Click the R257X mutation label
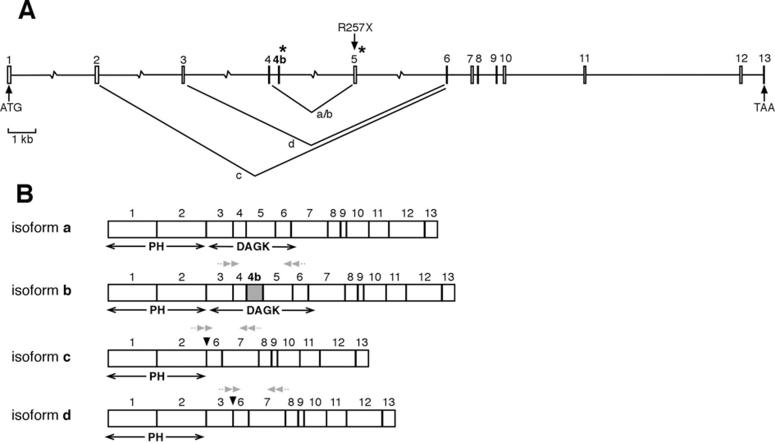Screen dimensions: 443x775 355,27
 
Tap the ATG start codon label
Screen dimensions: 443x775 11,108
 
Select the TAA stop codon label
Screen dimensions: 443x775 764,108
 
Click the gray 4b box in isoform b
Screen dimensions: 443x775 255,293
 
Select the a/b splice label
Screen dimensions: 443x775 324,114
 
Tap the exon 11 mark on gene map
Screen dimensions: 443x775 584,75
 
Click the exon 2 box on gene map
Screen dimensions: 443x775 97,75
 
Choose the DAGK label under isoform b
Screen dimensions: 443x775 263,311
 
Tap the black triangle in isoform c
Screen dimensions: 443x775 207,341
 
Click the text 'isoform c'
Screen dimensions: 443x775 41,357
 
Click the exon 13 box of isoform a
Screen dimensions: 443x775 431,229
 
